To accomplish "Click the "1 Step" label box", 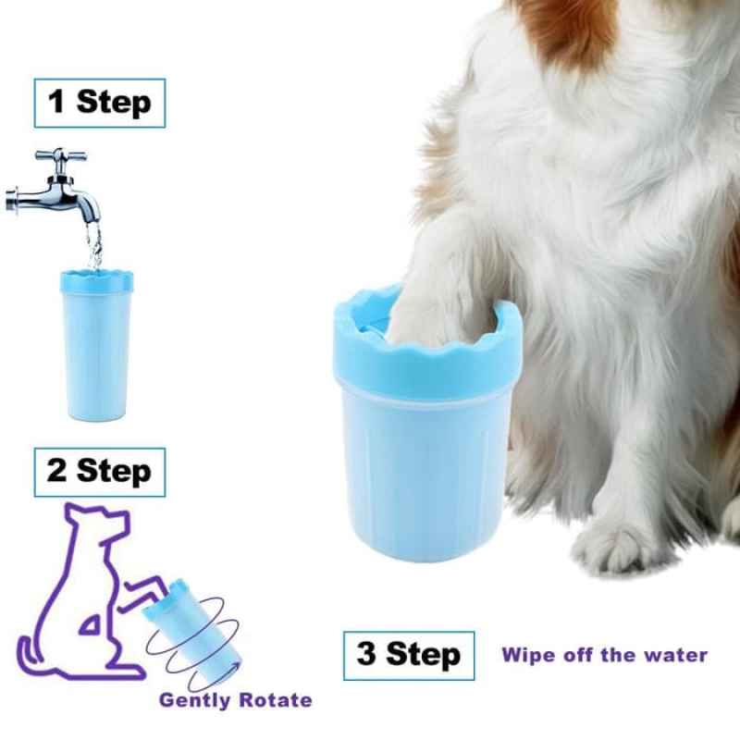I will pos(99,103).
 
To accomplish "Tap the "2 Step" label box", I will pos(99,472).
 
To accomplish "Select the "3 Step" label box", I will pos(409,656).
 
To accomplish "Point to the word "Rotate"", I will pos(276,700).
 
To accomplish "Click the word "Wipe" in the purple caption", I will pos(525,655).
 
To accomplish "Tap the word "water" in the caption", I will pos(673,655).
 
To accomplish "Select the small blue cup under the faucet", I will pos(95,342).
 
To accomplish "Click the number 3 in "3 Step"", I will pos(367,656).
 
